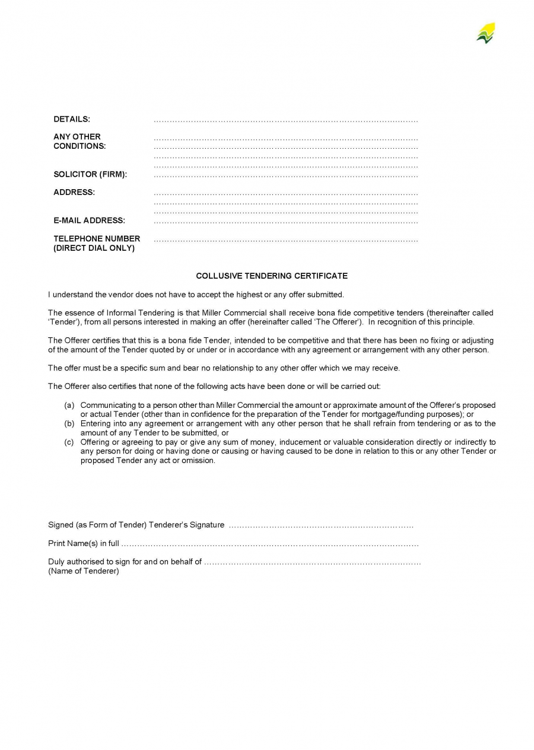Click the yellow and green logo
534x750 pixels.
pyautogui.click(x=485, y=33)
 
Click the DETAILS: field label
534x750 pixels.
pyautogui.click(x=72, y=119)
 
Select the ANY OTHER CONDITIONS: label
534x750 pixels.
pyautogui.click(x=80, y=141)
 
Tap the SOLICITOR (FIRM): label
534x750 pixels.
pyautogui.click(x=90, y=174)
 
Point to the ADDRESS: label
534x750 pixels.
pyautogui.click(x=74, y=192)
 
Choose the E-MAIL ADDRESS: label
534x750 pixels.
pyautogui.click(x=89, y=221)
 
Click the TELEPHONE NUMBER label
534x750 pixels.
pyautogui.click(x=97, y=238)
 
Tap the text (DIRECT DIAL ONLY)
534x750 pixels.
pyautogui.click(x=94, y=248)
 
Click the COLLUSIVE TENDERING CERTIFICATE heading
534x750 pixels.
pyautogui.click(x=272, y=276)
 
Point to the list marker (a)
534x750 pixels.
pyautogui.click(x=69, y=406)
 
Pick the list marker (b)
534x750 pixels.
pyautogui.click(x=69, y=424)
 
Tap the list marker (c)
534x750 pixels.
pyautogui.click(x=69, y=442)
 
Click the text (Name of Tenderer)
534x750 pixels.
pyautogui.click(x=84, y=571)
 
